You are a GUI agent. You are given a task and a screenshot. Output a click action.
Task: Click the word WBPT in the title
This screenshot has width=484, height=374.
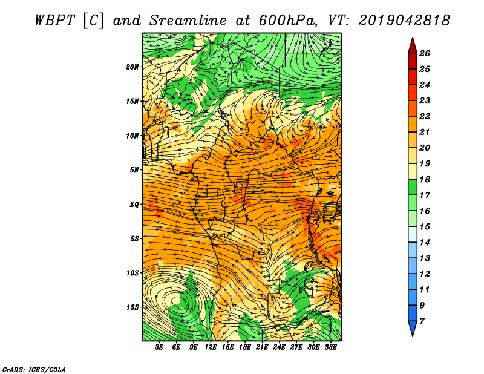point(54,21)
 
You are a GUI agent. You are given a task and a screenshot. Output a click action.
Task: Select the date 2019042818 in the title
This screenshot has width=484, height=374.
point(404,21)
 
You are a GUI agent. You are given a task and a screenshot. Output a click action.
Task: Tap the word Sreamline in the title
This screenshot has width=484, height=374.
point(188,21)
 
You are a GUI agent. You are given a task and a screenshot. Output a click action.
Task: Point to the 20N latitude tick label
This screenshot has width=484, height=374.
point(132,67)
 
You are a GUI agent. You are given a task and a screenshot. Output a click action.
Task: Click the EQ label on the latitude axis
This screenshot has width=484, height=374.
point(134,205)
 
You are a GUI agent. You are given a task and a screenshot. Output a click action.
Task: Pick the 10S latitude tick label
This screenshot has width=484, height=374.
point(132,273)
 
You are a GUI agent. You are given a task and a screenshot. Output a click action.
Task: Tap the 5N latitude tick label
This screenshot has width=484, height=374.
point(134,170)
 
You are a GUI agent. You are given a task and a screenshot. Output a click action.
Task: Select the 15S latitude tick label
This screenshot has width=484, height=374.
point(132,307)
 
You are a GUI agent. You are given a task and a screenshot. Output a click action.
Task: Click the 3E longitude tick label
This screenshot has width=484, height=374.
point(159,347)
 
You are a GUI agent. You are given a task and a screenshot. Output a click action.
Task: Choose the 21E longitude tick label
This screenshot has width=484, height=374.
point(262,347)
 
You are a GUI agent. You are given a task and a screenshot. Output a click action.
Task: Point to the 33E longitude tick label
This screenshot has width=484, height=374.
point(330,347)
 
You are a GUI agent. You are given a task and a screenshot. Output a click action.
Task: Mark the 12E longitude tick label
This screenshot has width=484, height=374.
point(210,347)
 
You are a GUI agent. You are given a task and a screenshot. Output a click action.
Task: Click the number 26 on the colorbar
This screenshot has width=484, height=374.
point(425,53)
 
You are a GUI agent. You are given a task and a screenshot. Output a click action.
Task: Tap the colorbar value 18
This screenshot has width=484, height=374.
point(425,179)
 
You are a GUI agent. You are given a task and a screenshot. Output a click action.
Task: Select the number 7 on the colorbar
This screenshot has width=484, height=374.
point(422,321)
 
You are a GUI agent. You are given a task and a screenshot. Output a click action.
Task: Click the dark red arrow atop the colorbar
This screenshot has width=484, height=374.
point(413,47)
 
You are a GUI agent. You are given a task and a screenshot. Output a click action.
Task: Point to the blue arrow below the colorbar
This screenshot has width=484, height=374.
point(413,327)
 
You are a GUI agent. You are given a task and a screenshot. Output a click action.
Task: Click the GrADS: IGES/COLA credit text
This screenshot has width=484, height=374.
point(34,369)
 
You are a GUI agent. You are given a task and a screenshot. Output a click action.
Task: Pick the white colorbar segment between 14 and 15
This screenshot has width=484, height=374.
point(413,234)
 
